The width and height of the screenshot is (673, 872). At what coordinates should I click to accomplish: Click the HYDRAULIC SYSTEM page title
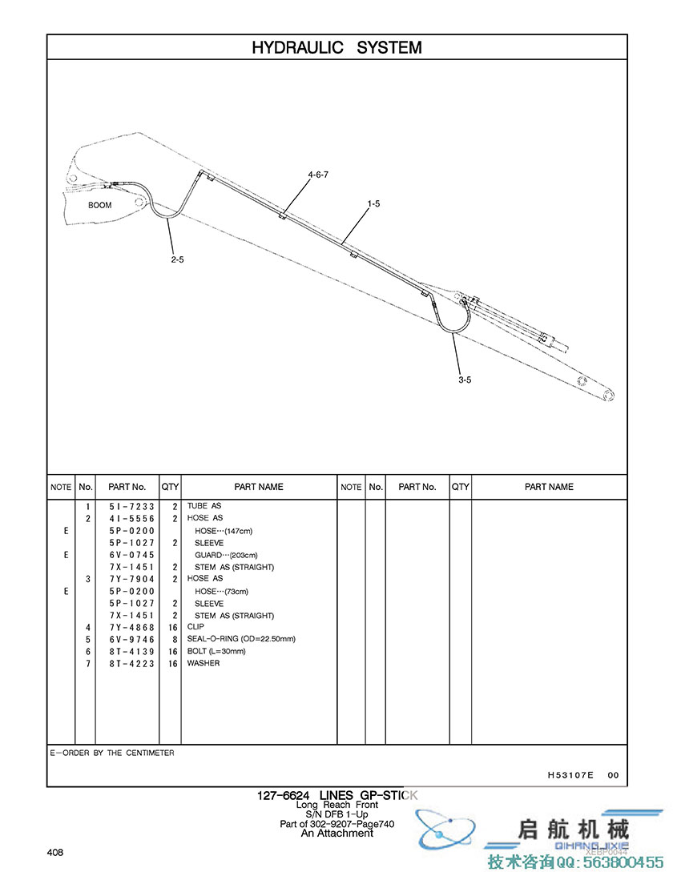[336, 47]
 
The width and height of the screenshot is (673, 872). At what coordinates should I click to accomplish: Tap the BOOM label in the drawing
[100, 205]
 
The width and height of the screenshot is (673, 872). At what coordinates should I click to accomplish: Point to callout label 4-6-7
[318, 175]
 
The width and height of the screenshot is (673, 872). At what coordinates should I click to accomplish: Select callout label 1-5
[373, 204]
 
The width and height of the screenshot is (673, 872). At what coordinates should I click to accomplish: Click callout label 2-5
[177, 259]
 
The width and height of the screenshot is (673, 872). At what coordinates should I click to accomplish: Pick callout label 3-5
[465, 380]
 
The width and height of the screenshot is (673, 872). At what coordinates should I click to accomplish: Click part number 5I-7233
[131, 506]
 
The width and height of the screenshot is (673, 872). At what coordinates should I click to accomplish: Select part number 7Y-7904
[131, 578]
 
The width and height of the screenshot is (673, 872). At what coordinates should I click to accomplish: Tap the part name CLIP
[195, 627]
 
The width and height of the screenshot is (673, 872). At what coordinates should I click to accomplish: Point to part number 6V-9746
[131, 639]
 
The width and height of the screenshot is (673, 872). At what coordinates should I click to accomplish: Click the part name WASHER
[204, 663]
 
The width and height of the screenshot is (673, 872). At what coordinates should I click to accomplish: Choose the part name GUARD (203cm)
[227, 555]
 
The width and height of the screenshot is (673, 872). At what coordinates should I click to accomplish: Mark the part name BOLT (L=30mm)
[216, 651]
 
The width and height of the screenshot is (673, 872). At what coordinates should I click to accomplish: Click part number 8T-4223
[131, 663]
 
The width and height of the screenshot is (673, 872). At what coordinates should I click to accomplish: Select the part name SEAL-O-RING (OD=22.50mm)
[241, 639]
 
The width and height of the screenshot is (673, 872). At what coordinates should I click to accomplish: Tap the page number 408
[55, 852]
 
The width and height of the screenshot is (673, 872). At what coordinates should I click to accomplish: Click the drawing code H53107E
[570, 775]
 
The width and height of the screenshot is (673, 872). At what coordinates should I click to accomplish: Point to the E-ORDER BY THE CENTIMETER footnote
[112, 753]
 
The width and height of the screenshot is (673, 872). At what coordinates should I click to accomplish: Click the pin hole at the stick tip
[610, 395]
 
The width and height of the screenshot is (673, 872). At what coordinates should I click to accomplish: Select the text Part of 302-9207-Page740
[336, 824]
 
